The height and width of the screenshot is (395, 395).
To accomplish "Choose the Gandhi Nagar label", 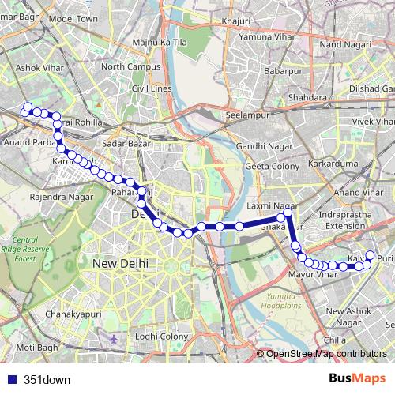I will click(x=260, y=146).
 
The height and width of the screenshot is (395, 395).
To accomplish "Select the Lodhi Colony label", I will click(x=163, y=337).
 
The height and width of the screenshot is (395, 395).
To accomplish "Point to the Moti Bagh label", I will click(x=37, y=347).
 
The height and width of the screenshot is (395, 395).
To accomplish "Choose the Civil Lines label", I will click(x=152, y=89).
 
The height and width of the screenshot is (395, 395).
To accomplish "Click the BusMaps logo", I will click(x=357, y=378).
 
